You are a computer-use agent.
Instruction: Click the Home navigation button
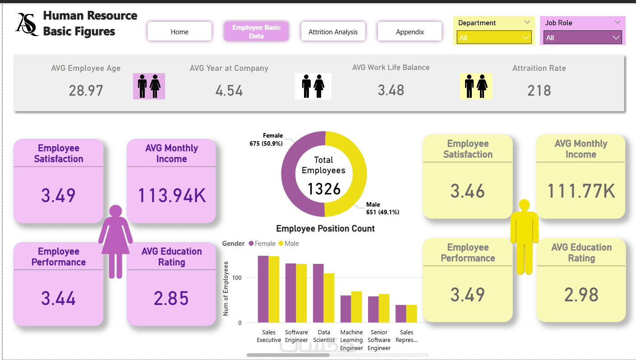click(x=180, y=32)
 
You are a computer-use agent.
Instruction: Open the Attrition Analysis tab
click(x=333, y=32)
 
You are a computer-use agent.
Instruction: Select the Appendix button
click(x=410, y=32)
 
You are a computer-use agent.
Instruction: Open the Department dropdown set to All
click(x=494, y=37)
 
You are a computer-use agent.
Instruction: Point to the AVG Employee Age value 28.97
click(x=86, y=90)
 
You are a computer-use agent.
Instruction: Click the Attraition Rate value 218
click(x=539, y=90)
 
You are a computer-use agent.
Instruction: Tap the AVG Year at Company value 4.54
click(x=229, y=90)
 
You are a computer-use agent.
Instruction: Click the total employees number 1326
click(x=324, y=189)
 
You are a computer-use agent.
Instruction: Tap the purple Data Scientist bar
click(x=318, y=293)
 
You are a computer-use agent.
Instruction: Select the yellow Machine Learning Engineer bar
click(x=356, y=307)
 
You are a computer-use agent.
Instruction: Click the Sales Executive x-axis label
click(x=269, y=336)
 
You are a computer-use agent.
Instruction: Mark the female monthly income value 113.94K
click(x=171, y=195)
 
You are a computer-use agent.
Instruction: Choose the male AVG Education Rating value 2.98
click(x=581, y=295)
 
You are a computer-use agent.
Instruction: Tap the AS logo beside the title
click(x=27, y=24)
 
